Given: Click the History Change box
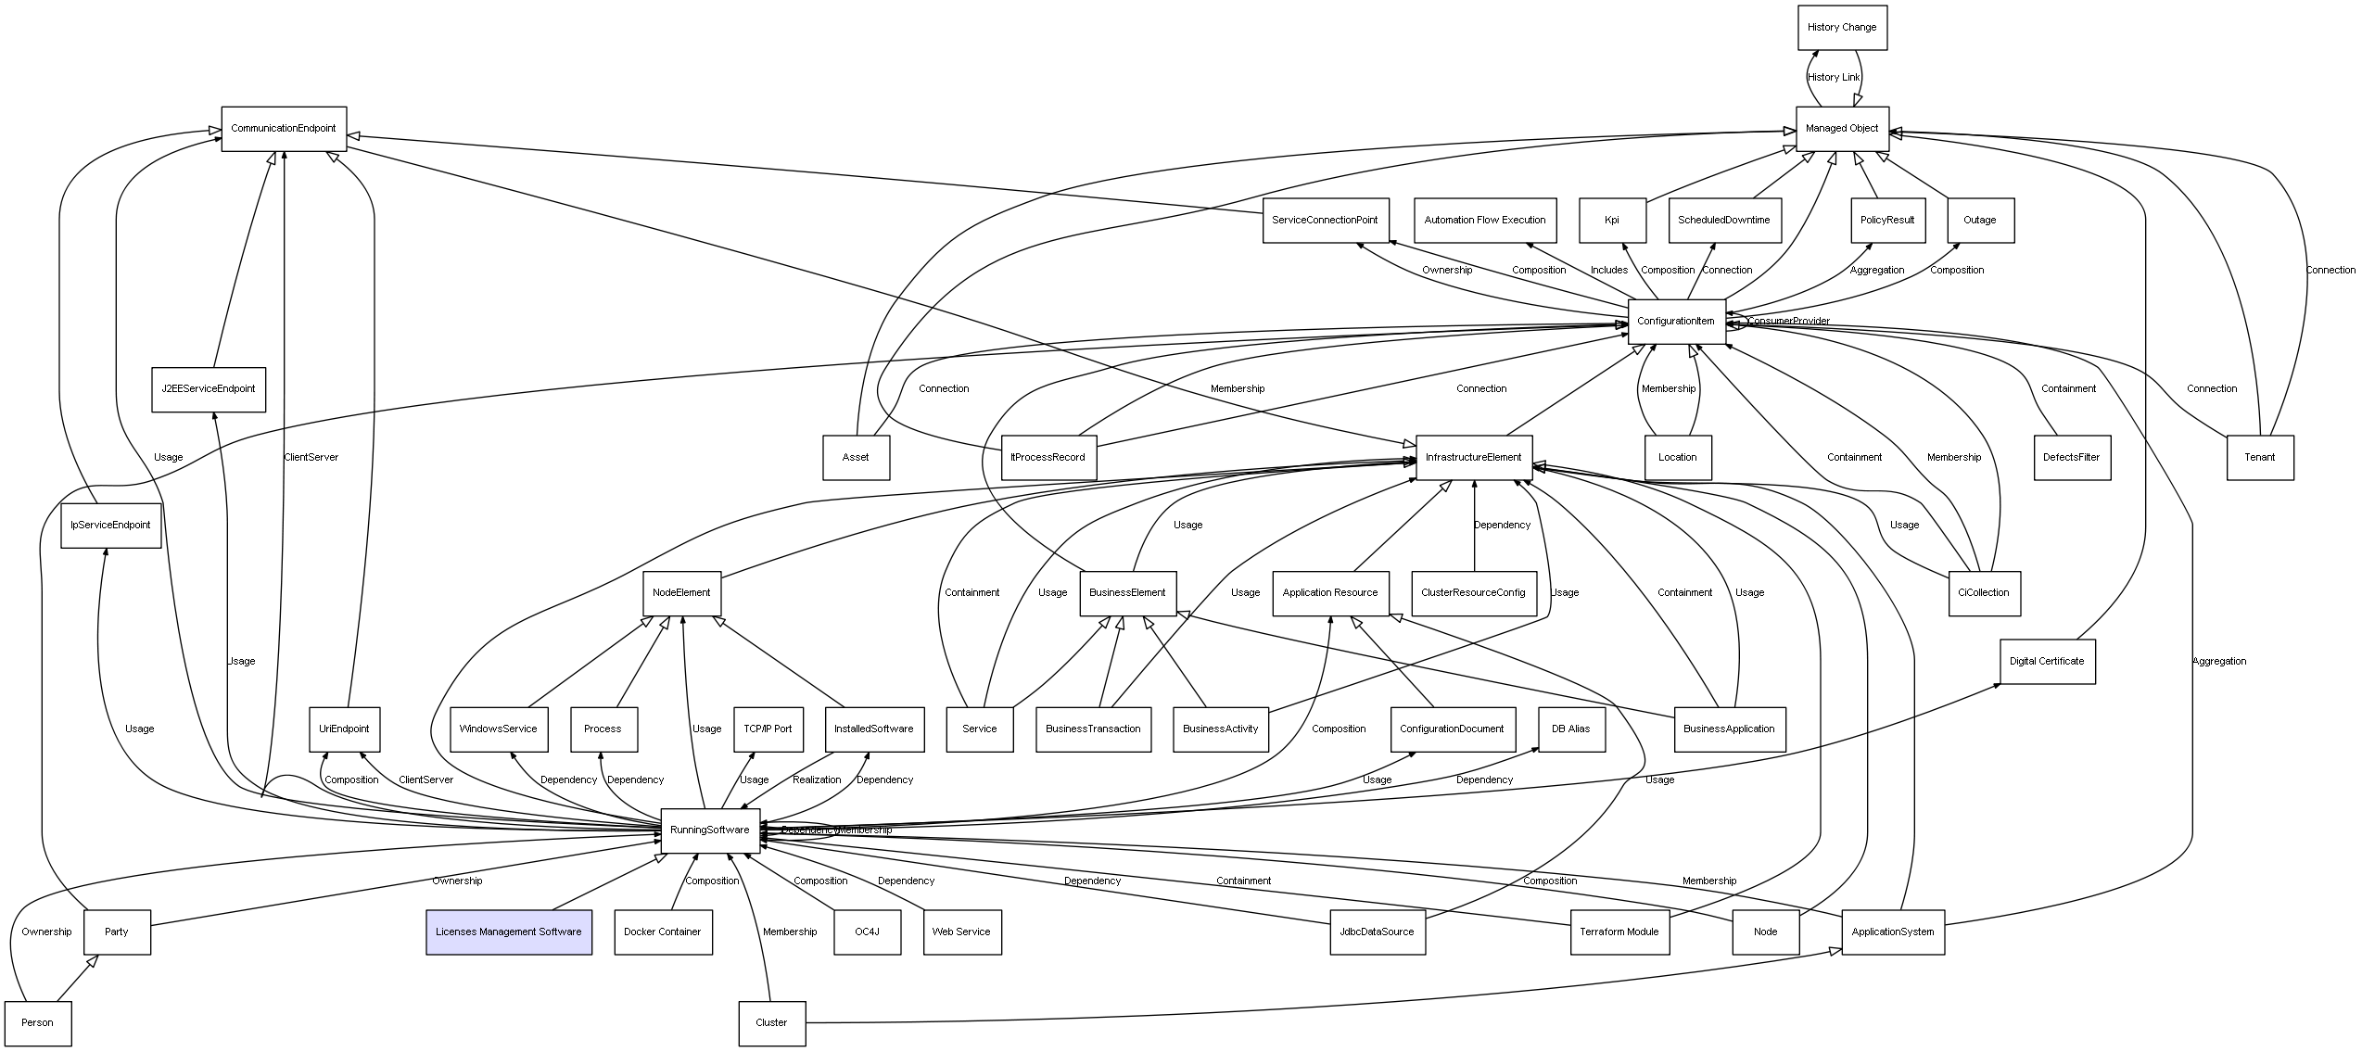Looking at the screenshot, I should [x=1841, y=28].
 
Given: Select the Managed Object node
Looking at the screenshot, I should [x=1841, y=129].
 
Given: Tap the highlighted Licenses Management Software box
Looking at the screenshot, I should [x=508, y=932].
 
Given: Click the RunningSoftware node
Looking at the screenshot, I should [x=709, y=830].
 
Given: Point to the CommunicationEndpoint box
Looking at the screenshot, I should [x=283, y=129].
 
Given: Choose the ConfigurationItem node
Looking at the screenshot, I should [x=1676, y=322].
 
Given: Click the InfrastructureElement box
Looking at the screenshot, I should [x=1473, y=458].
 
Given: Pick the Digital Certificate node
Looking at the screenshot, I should [x=2047, y=662].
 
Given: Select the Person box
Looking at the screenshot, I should [x=38, y=1023].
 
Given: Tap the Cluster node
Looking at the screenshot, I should [x=771, y=1023].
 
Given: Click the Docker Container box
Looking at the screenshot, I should [x=662, y=932].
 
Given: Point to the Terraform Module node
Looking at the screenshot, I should [x=1619, y=932].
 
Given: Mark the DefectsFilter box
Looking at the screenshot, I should [x=2071, y=458].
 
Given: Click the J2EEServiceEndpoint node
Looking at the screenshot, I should [x=208, y=389].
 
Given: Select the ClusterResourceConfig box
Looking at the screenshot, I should [x=1473, y=593].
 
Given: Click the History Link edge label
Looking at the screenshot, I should [x=1834, y=78].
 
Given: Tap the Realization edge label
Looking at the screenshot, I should [x=817, y=780].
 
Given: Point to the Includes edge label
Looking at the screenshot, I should [x=1608, y=271].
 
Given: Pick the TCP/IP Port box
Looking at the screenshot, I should [x=768, y=729].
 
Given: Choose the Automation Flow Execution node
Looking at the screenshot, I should [x=1484, y=221].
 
